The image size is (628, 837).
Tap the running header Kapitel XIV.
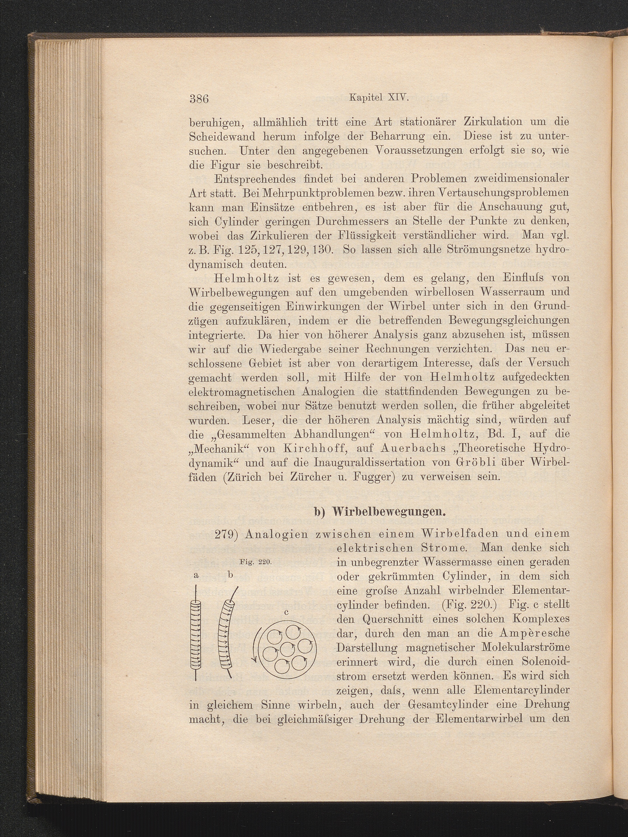coord(378,98)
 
